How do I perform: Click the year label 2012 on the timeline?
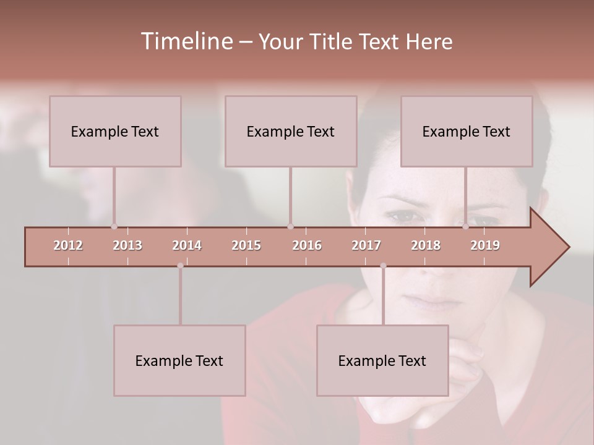68,245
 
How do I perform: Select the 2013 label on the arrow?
127,245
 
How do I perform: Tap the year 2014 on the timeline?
187,245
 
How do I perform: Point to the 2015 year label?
246,245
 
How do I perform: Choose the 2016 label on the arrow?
307,245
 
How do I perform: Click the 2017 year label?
366,245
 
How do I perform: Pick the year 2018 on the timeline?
426,245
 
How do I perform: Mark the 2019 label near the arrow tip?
485,245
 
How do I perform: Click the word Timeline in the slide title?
186,41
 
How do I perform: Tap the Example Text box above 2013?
115,131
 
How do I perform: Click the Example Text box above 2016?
291,131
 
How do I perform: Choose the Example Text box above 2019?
467,131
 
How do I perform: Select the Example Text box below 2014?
179,360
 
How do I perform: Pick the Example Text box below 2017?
382,360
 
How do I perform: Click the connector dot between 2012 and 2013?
114,226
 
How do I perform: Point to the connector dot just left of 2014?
180,266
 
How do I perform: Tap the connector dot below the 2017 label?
383,266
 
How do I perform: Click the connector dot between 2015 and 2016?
290,226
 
